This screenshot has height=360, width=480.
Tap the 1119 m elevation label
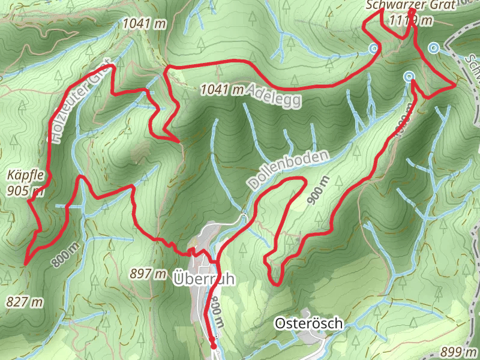pyautogui.click(x=410, y=20)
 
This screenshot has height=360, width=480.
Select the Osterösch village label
pyautogui.click(x=309, y=323)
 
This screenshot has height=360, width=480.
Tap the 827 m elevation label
pyautogui.click(x=26, y=301)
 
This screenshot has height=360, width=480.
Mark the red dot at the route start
pyautogui.click(x=213, y=346)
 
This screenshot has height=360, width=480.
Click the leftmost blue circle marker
pyautogui.click(x=374, y=48)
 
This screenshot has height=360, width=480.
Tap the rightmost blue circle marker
pyautogui.click(x=433, y=47)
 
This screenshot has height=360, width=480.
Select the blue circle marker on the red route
pyautogui.click(x=409, y=76)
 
